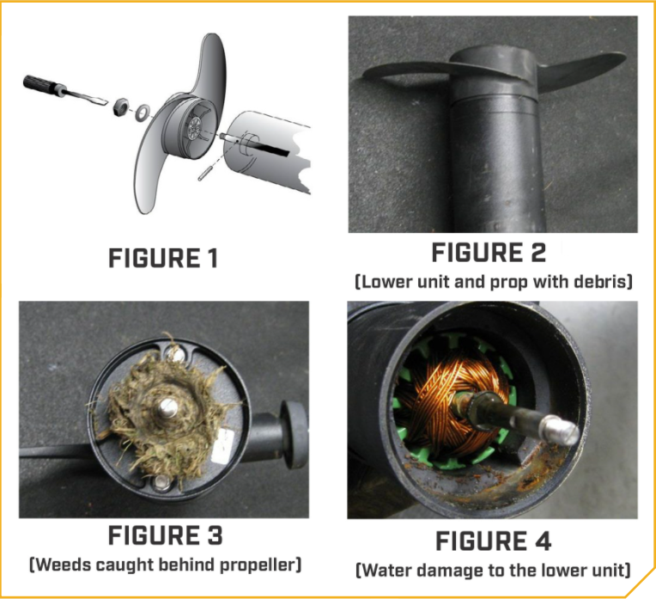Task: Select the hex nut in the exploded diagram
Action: [x=124, y=105]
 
